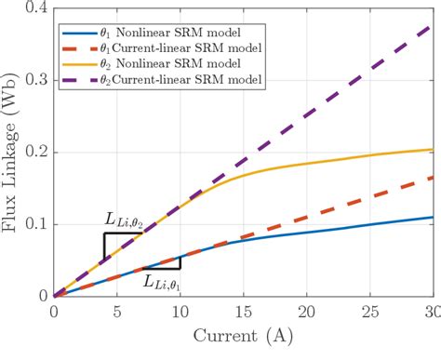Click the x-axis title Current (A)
pyautogui.click(x=243, y=345)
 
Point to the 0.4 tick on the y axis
pyautogui.click(x=34, y=8)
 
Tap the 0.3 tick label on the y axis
pyautogui.click(x=34, y=81)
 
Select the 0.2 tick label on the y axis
pyautogui.click(x=34, y=153)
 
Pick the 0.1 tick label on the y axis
pyautogui.click(x=34, y=224)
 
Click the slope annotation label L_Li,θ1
pyautogui.click(x=163, y=280)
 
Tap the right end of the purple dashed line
pyautogui.click(x=433, y=25)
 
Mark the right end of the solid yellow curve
pyautogui.click(x=433, y=150)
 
